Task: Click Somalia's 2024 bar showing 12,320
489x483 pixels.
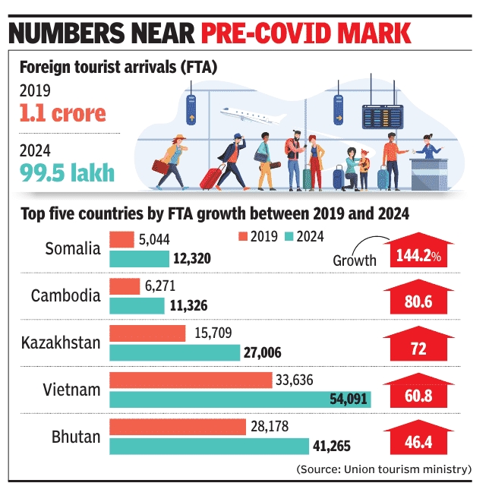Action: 140,259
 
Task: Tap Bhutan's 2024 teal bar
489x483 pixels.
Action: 210,446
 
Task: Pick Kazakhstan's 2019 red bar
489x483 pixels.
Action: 148,333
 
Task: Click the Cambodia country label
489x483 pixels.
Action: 65,295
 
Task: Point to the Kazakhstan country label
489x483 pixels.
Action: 61,343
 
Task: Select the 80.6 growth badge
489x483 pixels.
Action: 418,301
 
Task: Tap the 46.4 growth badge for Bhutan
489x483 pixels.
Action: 418,440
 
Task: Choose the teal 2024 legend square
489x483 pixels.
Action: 291,237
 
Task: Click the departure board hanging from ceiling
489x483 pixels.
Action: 383,115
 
